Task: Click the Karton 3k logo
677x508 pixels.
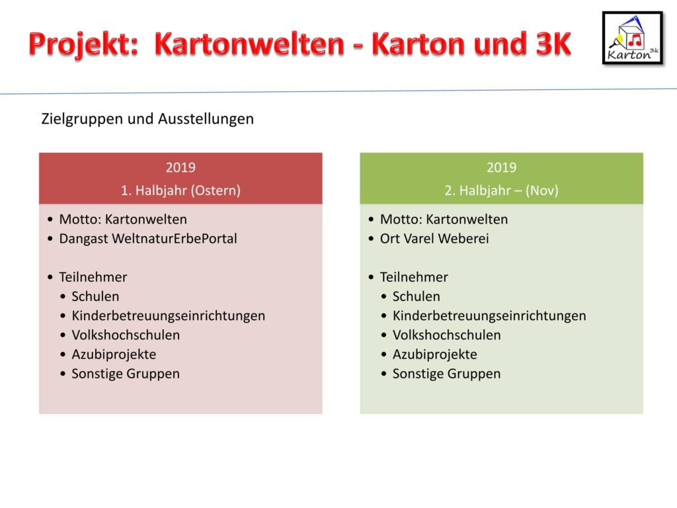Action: [633, 38]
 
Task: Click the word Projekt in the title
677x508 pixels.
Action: [83, 44]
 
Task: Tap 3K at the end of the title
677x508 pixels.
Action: [553, 44]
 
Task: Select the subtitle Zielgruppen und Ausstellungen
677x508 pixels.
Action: [147, 119]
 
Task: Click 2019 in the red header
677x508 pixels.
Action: [180, 167]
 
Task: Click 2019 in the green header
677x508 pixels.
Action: [501, 167]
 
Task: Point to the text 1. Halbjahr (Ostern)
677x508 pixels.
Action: [180, 190]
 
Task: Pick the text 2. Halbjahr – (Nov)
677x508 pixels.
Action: [501, 190]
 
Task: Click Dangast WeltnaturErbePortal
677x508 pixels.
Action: [148, 238]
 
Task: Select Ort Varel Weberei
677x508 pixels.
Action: [434, 238]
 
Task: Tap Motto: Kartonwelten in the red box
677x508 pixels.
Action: [123, 219]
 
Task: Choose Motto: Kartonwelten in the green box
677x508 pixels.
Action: [444, 219]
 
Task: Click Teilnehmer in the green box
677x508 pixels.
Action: [414, 277]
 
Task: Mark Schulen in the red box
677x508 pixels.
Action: [95, 296]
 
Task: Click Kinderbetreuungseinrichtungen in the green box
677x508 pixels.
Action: [489, 316]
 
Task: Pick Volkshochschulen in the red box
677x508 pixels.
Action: [126, 335]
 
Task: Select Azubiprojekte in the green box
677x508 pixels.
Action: [435, 355]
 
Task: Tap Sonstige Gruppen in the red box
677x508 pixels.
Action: [126, 374]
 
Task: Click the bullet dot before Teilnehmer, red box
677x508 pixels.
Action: [50, 277]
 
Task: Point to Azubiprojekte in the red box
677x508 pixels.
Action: [114, 355]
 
